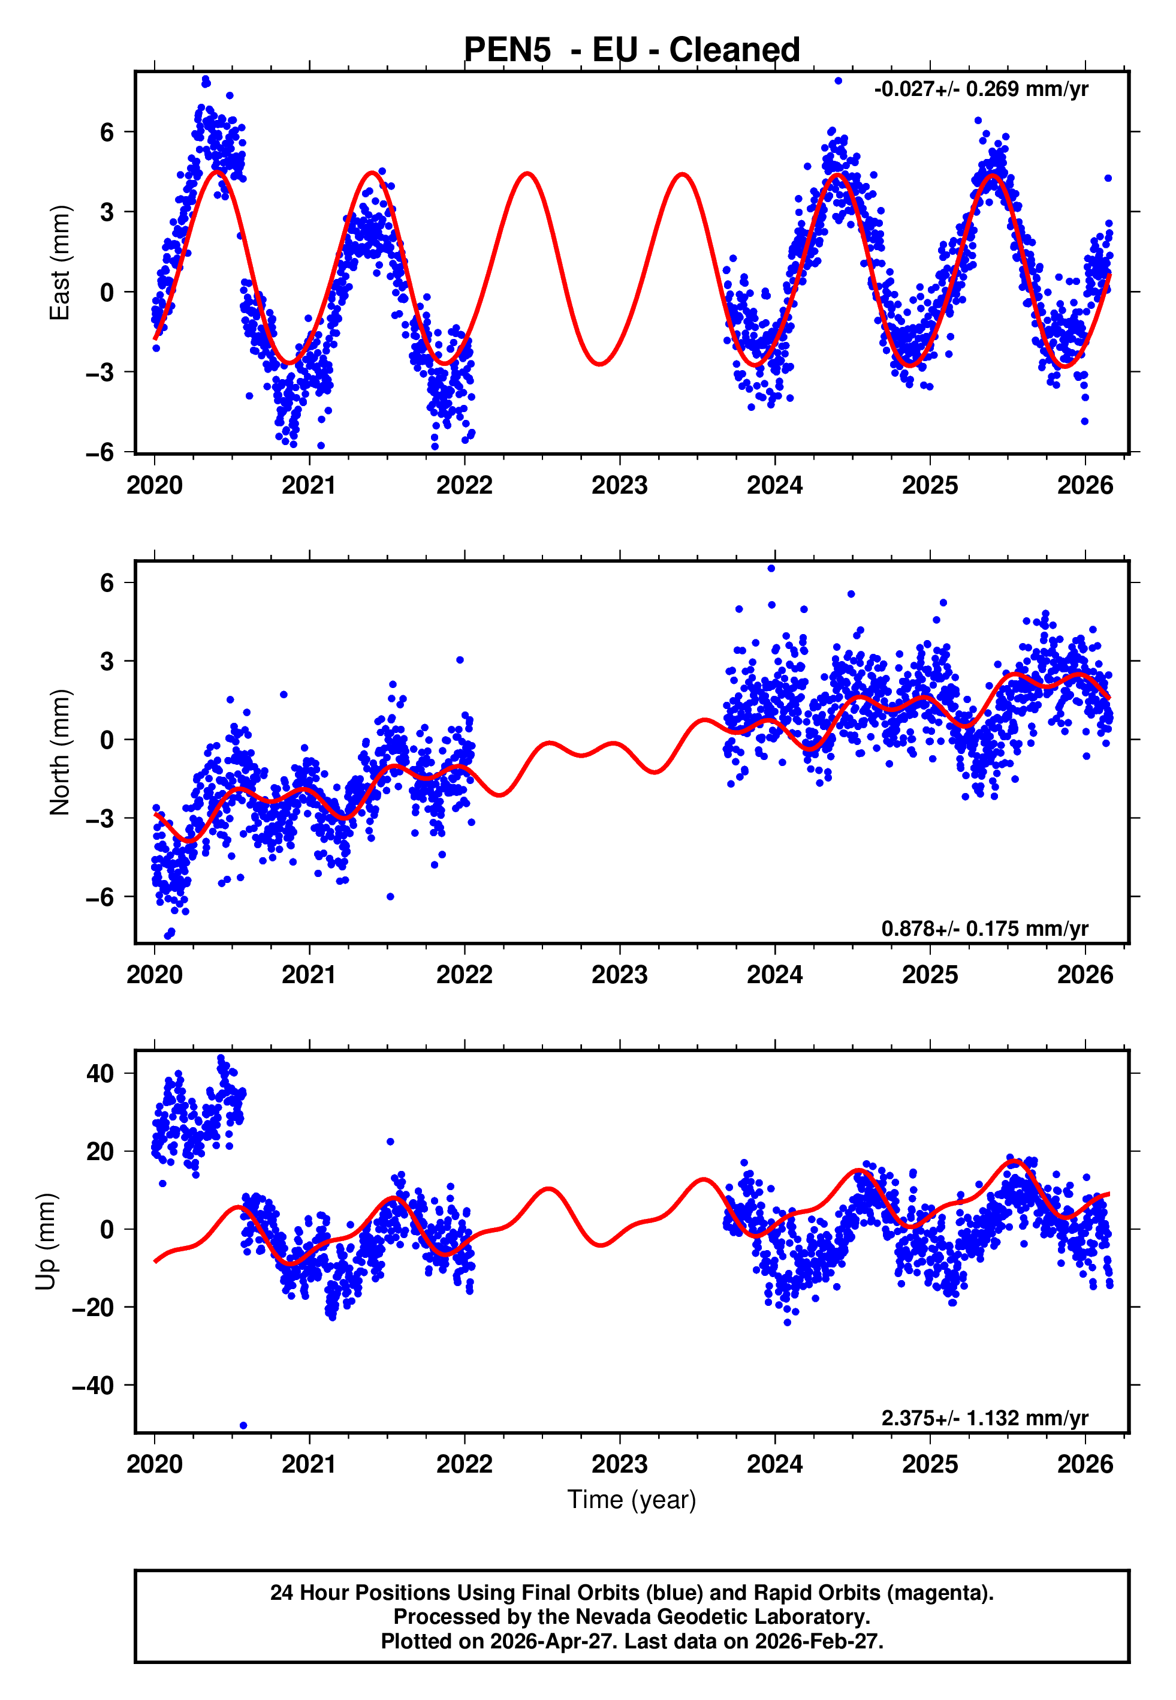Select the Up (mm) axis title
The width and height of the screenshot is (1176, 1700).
46,1241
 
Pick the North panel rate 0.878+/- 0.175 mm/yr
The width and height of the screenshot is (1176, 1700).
984,928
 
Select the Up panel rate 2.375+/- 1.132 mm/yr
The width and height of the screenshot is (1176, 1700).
984,1417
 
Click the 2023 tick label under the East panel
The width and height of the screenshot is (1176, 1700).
619,485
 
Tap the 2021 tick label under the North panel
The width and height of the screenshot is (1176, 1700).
309,975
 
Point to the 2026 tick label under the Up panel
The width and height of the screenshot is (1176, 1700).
1085,1464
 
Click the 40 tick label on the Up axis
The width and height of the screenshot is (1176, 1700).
100,1073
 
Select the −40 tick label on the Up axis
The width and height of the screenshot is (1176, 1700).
93,1386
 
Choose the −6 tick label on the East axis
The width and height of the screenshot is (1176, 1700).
100,452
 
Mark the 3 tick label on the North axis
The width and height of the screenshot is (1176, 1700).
107,661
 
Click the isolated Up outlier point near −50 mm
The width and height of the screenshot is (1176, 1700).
243,1426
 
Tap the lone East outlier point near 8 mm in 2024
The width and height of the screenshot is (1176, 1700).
838,81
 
